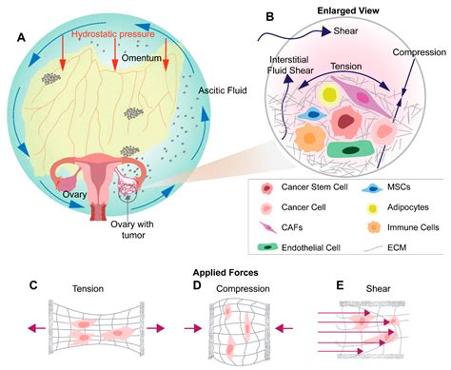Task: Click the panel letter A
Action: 16,39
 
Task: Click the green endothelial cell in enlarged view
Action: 346,147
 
